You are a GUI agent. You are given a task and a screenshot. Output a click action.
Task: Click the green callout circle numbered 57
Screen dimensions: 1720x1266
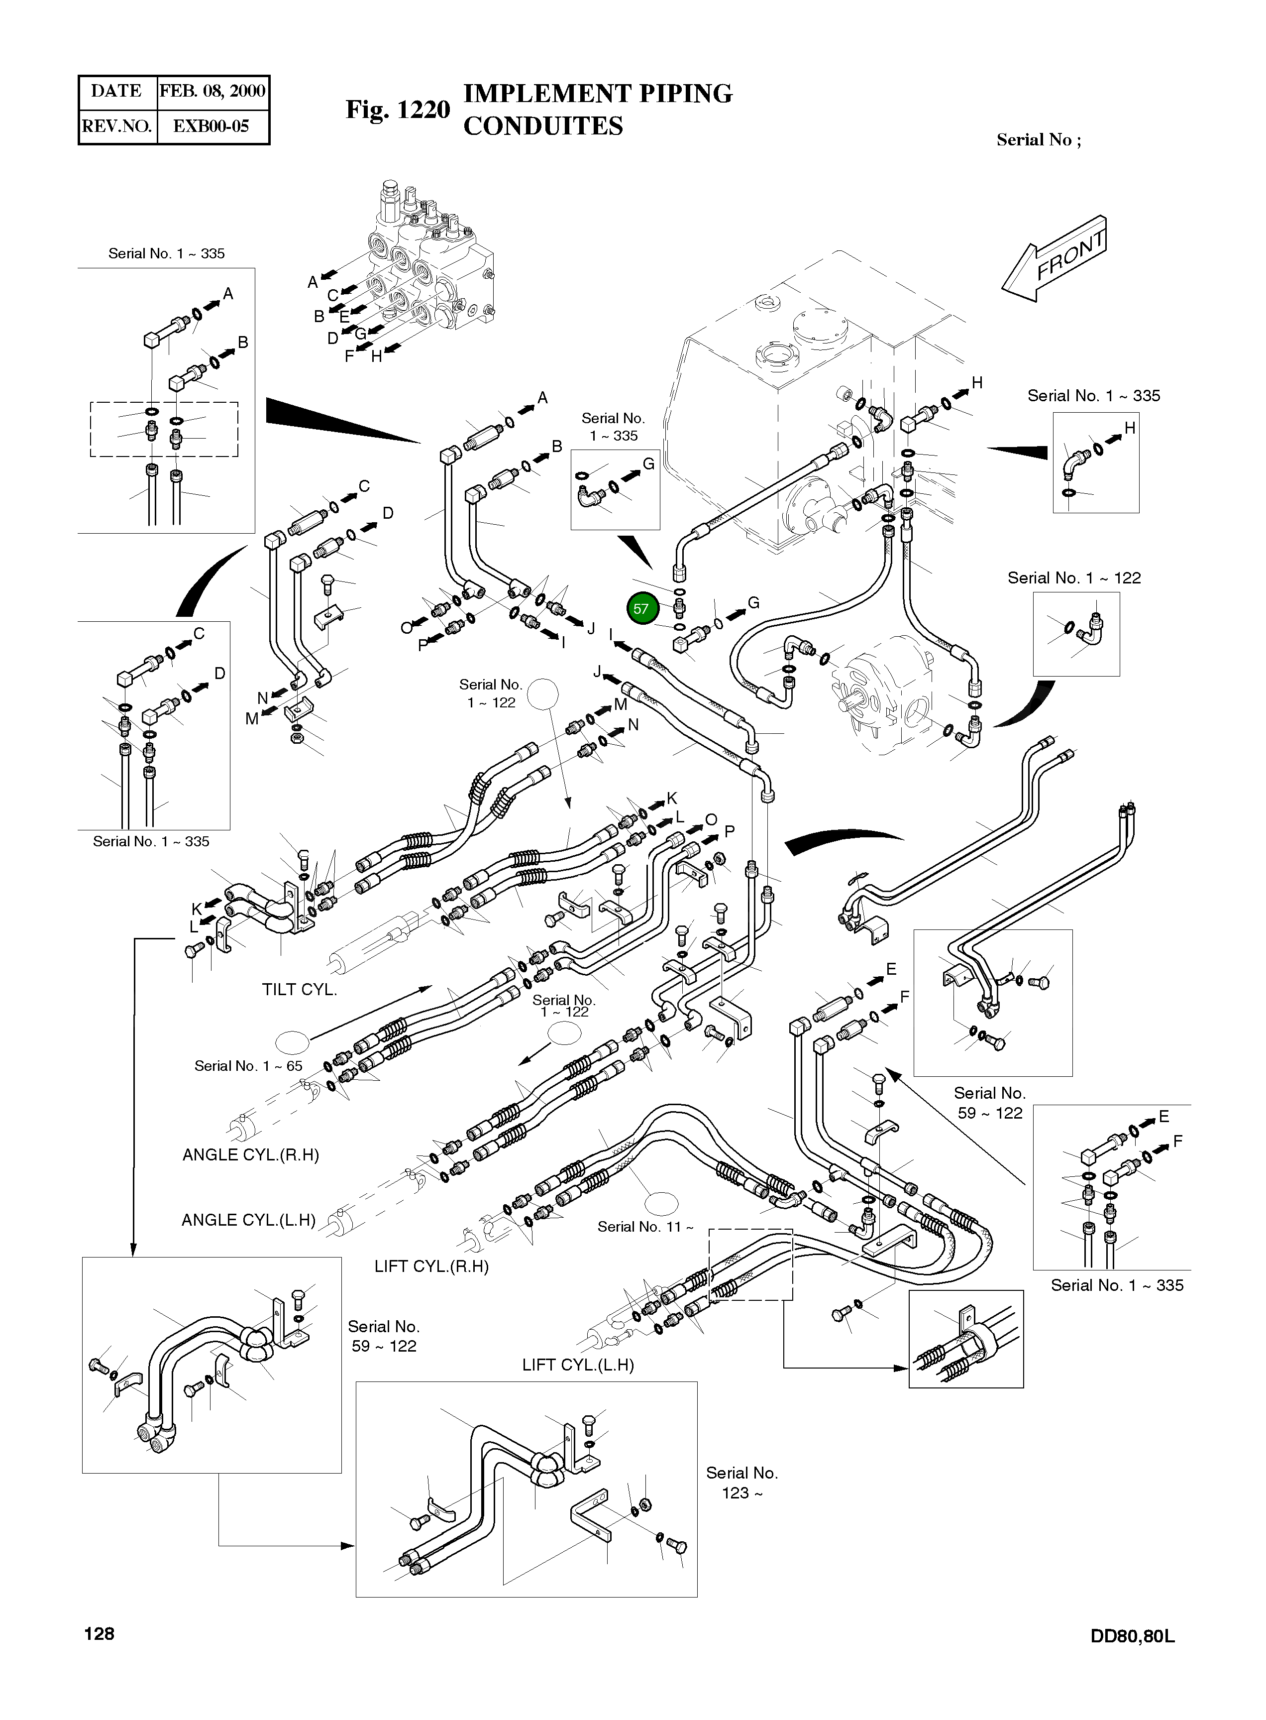point(641,609)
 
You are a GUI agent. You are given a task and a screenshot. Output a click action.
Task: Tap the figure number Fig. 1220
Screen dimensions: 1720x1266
point(398,110)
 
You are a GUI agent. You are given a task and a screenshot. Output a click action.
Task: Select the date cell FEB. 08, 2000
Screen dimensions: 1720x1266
point(212,91)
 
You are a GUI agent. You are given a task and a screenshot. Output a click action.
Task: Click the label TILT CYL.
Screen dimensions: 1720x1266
point(299,990)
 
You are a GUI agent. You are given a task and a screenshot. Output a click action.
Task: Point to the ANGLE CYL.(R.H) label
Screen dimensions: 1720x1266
point(251,1155)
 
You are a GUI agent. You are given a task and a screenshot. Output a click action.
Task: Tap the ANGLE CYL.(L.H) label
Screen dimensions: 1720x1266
point(248,1220)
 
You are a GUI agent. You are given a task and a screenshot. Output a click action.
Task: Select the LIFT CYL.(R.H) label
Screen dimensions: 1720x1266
point(431,1266)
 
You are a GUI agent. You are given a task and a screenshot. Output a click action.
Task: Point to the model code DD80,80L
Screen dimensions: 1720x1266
point(1132,1636)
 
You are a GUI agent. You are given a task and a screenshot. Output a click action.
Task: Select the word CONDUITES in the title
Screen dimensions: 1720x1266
point(543,126)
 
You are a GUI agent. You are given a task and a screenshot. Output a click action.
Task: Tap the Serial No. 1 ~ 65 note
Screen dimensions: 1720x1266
point(248,1066)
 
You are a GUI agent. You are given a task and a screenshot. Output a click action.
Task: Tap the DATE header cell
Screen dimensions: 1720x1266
point(116,91)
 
